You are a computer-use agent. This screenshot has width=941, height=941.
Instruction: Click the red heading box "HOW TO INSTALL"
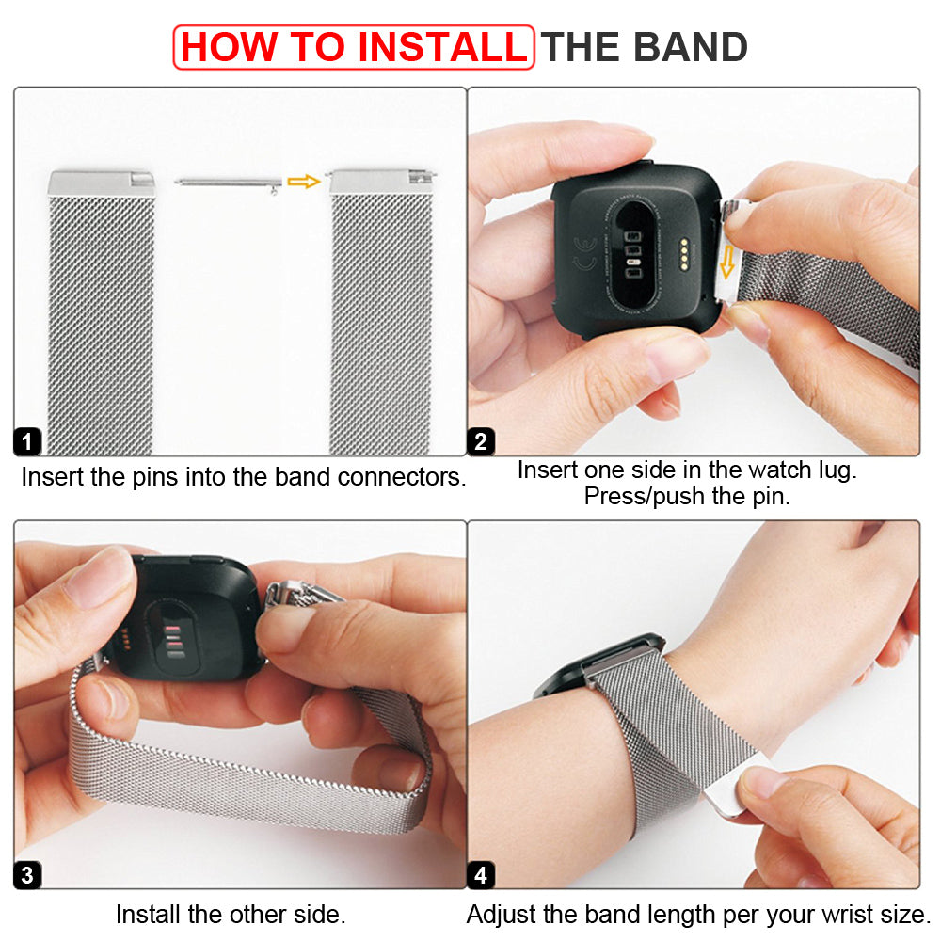[354, 47]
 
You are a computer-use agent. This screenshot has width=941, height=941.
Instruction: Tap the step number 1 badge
[28, 441]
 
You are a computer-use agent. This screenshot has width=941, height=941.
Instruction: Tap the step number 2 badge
[481, 441]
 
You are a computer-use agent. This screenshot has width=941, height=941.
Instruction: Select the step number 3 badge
[28, 875]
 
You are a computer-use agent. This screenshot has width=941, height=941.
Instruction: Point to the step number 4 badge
[481, 875]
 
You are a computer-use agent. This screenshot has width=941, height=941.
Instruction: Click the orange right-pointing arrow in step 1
[304, 181]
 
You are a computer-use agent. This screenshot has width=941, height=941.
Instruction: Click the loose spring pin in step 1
[229, 183]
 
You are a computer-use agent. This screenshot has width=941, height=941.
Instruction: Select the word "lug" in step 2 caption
[835, 470]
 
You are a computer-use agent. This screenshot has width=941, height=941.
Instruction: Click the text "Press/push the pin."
[687, 497]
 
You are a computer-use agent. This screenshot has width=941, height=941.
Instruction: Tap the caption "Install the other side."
[231, 914]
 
